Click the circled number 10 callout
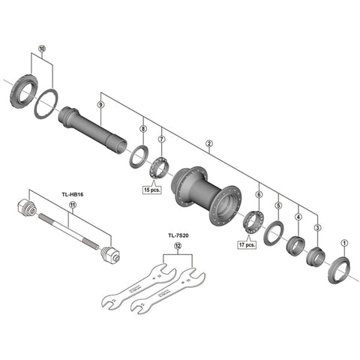(42, 48)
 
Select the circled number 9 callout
(100, 104)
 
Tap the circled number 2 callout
(209, 143)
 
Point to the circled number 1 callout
(344, 243)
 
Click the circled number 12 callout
(178, 246)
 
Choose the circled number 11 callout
(73, 205)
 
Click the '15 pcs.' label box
(151, 190)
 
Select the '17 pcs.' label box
(247, 244)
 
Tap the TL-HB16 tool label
(73, 194)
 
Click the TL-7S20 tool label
(178, 235)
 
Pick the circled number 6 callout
(259, 194)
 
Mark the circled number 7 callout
(161, 139)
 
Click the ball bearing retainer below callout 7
(159, 168)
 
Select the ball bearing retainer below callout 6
(253, 223)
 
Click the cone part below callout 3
(316, 257)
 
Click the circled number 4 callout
(298, 217)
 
